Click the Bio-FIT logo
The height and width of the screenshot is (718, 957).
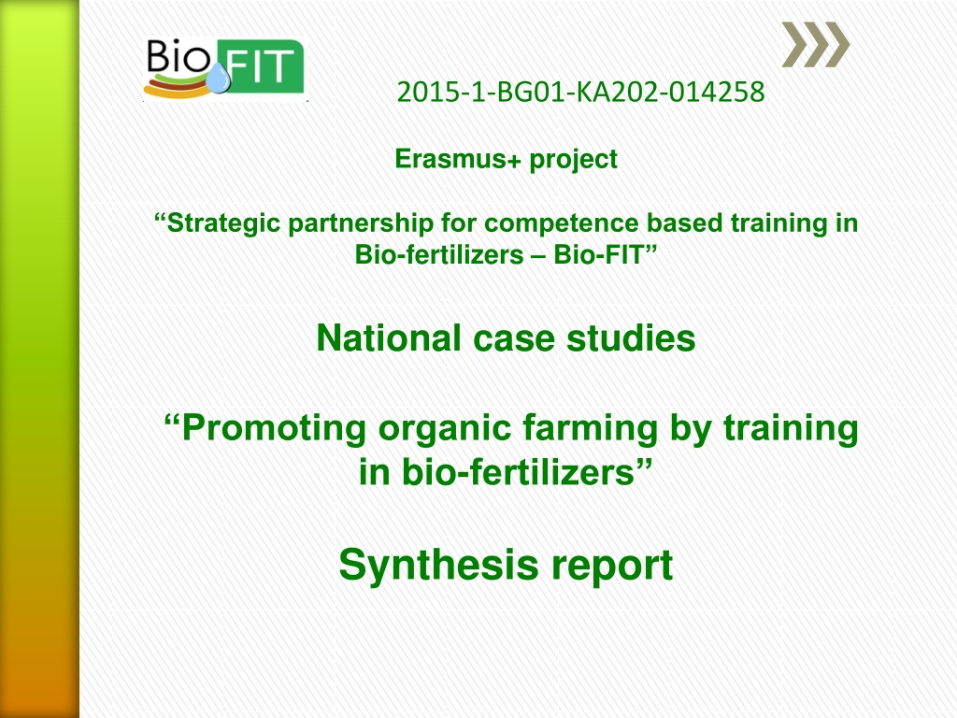point(224,67)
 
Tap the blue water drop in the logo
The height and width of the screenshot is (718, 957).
point(218,79)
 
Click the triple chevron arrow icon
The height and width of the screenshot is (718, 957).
point(816,45)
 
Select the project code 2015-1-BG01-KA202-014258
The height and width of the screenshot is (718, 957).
point(580,93)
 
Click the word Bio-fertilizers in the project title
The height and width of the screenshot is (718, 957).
point(439,254)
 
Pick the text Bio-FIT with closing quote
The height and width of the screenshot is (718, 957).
point(605,254)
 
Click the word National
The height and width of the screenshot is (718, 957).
point(388,338)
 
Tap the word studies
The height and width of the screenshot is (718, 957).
point(631,338)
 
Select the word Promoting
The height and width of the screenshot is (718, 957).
point(265,428)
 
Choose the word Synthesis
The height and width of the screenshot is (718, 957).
point(438,566)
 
